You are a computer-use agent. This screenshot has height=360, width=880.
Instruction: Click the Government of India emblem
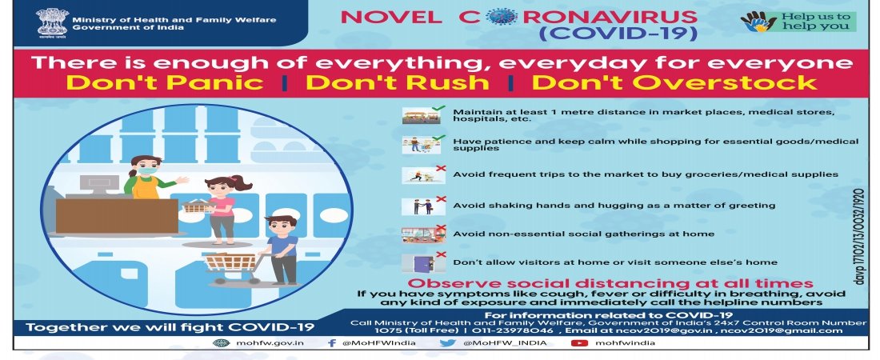(52, 23)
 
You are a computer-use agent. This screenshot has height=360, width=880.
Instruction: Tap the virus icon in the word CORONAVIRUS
(502, 16)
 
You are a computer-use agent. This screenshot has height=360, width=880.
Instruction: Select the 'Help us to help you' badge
(798, 22)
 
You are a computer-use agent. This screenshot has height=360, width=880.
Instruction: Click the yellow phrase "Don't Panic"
(166, 82)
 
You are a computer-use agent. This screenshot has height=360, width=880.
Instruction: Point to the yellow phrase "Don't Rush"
(398, 82)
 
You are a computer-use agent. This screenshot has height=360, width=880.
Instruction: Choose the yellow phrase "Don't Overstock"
(674, 82)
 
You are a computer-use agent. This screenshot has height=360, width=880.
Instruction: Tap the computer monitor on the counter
(98, 185)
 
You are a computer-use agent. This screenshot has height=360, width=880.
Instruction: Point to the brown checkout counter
(117, 216)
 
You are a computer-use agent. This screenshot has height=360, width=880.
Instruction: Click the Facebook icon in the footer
(332, 342)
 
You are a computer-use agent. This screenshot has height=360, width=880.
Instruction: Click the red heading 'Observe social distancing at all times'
(610, 282)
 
